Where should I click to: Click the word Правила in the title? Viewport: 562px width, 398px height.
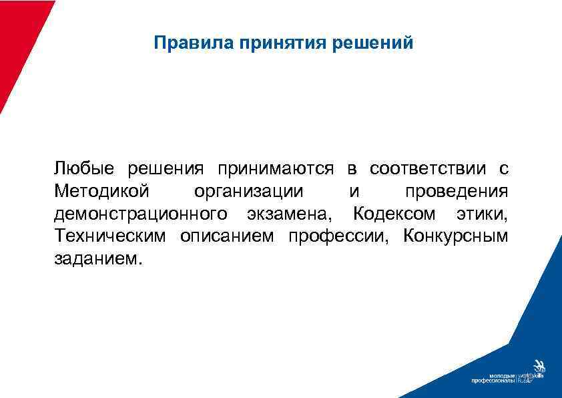pos(183,43)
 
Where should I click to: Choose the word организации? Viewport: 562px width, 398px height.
pos(248,192)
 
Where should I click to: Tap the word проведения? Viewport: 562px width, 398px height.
pos(457,192)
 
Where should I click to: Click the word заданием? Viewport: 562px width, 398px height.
pos(97,259)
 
